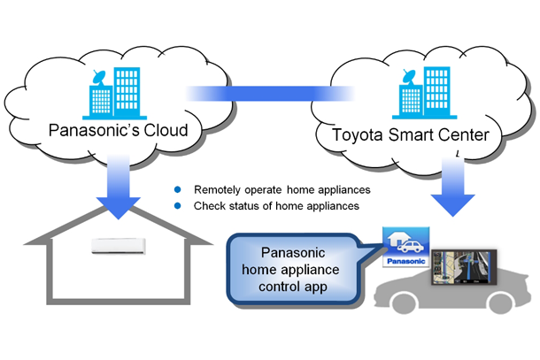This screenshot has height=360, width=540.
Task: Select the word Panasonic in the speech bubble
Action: [297, 252]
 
